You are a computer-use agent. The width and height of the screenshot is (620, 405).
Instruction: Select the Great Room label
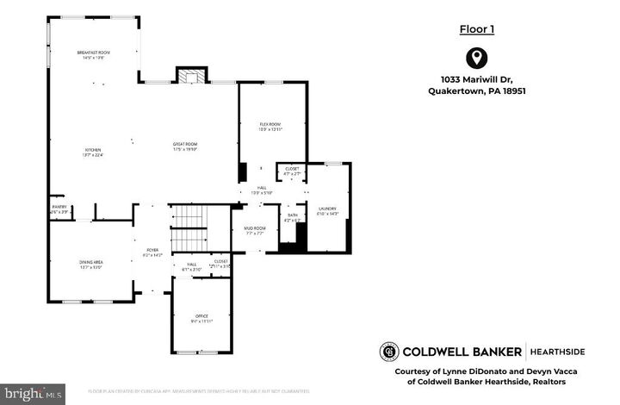[x=185, y=146]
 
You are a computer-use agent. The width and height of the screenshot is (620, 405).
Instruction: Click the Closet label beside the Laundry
[x=292, y=171]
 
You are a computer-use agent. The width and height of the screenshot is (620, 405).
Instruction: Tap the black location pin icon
[x=474, y=59]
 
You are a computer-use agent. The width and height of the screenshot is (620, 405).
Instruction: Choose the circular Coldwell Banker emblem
[x=389, y=352]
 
